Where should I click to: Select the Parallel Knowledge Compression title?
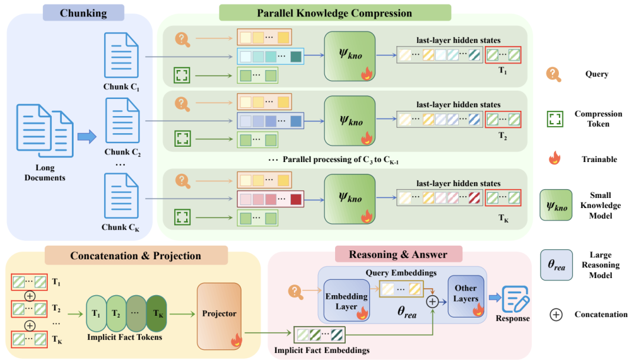(x=334, y=12)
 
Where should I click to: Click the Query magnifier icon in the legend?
(x=553, y=74)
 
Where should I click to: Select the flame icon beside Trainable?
(x=553, y=158)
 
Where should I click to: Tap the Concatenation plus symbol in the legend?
(x=555, y=315)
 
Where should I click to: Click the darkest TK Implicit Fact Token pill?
(x=157, y=313)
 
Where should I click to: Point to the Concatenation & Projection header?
(x=135, y=256)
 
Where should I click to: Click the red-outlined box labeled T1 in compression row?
(x=502, y=55)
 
